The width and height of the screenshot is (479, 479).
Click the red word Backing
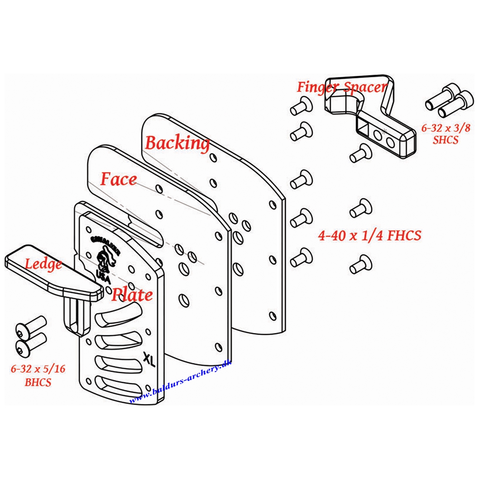click(177, 143)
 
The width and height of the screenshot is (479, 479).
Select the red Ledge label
click(43, 264)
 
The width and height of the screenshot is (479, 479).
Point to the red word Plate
click(132, 295)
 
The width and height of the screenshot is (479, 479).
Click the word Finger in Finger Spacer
click(318, 87)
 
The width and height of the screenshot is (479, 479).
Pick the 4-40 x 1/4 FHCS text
click(369, 236)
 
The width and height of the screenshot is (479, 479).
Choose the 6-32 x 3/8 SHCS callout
click(440, 134)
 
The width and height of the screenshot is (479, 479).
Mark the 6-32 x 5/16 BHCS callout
click(38, 375)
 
